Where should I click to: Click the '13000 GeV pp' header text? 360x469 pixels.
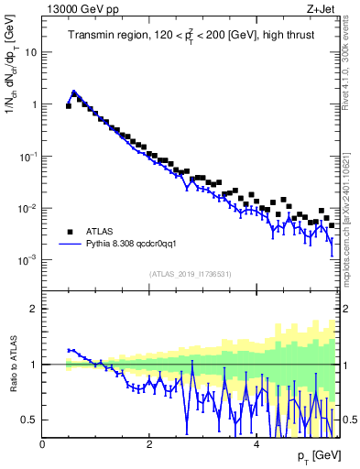(78, 9)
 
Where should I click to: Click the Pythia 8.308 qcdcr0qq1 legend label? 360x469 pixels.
(138, 245)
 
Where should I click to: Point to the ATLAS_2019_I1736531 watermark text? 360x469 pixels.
(191, 274)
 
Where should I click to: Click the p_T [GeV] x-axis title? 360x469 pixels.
(315, 455)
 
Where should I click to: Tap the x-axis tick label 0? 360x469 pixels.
(42, 444)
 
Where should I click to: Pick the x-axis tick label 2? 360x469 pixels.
(149, 444)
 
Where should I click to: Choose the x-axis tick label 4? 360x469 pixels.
(256, 444)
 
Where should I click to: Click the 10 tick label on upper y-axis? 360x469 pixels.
(30, 52)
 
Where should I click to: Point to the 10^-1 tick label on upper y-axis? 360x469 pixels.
(27, 157)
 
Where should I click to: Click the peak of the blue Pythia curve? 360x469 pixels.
(74, 92)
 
